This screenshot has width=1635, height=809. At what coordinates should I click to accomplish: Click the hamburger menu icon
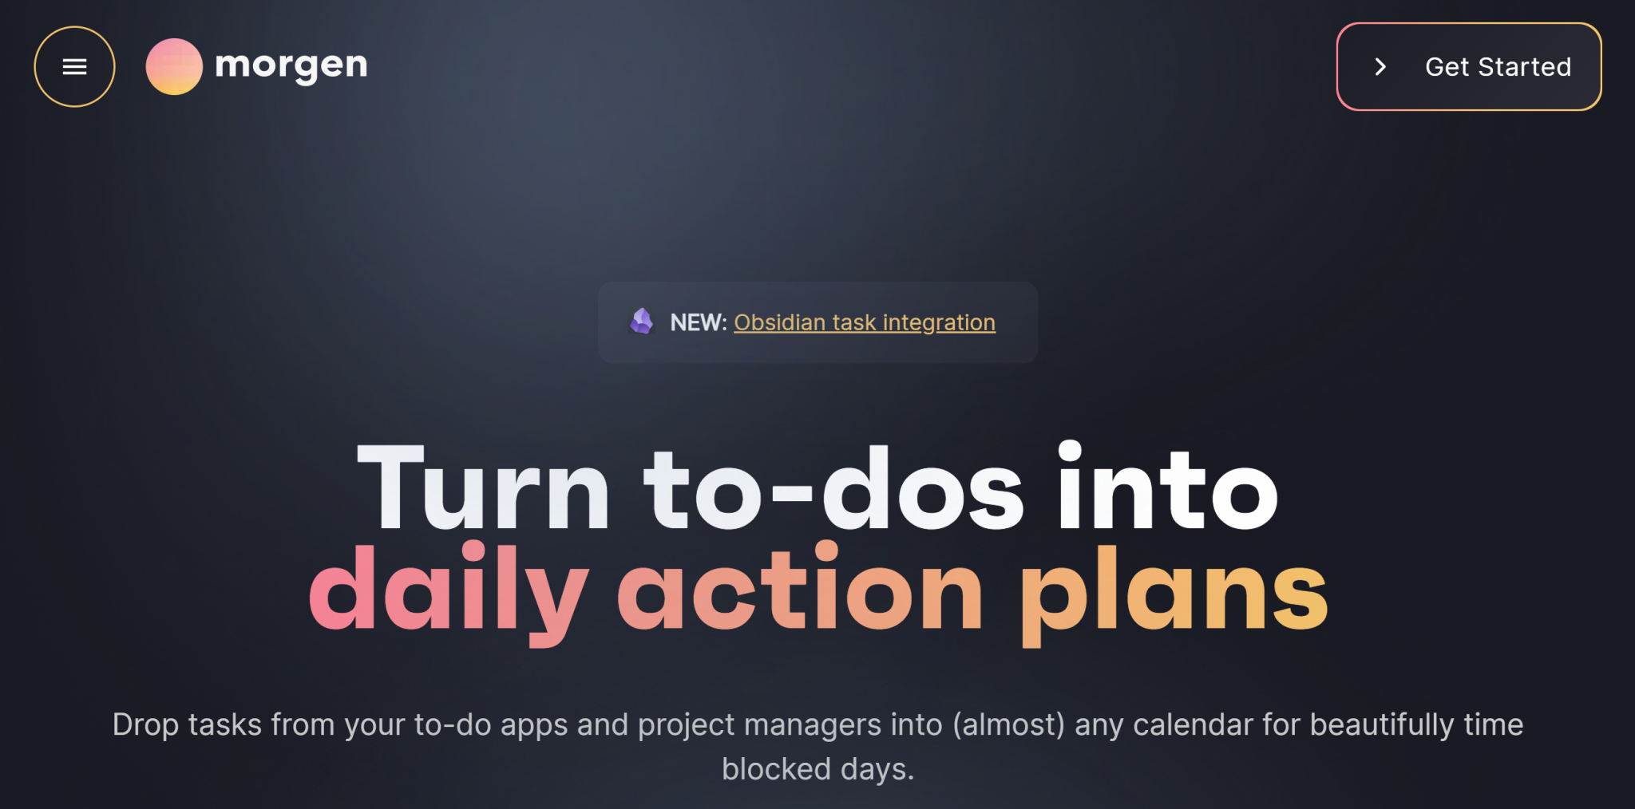click(x=74, y=67)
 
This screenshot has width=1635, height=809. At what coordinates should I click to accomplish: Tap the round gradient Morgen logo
click(x=174, y=67)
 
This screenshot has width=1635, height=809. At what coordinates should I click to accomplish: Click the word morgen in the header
click(x=291, y=65)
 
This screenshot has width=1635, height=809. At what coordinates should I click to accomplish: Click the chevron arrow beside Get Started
click(x=1380, y=67)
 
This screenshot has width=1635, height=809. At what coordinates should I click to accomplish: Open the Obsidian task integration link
click(x=865, y=322)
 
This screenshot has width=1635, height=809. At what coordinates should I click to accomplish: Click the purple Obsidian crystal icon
click(x=642, y=322)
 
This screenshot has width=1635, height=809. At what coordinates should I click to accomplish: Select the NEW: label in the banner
click(x=698, y=322)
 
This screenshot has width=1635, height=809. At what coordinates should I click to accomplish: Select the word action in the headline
click(x=800, y=590)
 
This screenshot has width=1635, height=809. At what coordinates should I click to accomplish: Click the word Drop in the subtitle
click(x=145, y=725)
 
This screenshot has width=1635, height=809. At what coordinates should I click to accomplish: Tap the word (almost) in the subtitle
click(x=1008, y=725)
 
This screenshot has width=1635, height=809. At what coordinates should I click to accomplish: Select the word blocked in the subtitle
click(x=776, y=770)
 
